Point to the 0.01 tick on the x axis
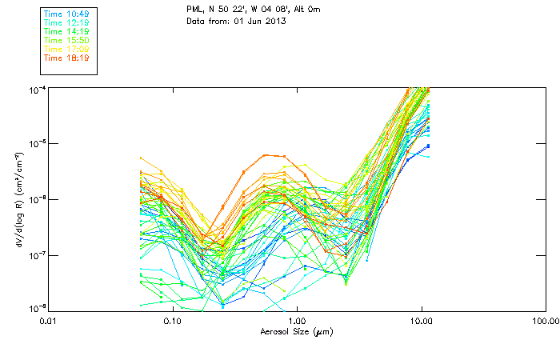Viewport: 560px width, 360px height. [48, 322]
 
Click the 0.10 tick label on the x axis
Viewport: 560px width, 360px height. [172, 322]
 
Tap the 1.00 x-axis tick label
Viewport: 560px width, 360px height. [297, 322]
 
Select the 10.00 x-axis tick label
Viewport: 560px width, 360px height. [421, 322]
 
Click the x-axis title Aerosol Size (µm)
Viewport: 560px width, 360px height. [297, 331]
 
